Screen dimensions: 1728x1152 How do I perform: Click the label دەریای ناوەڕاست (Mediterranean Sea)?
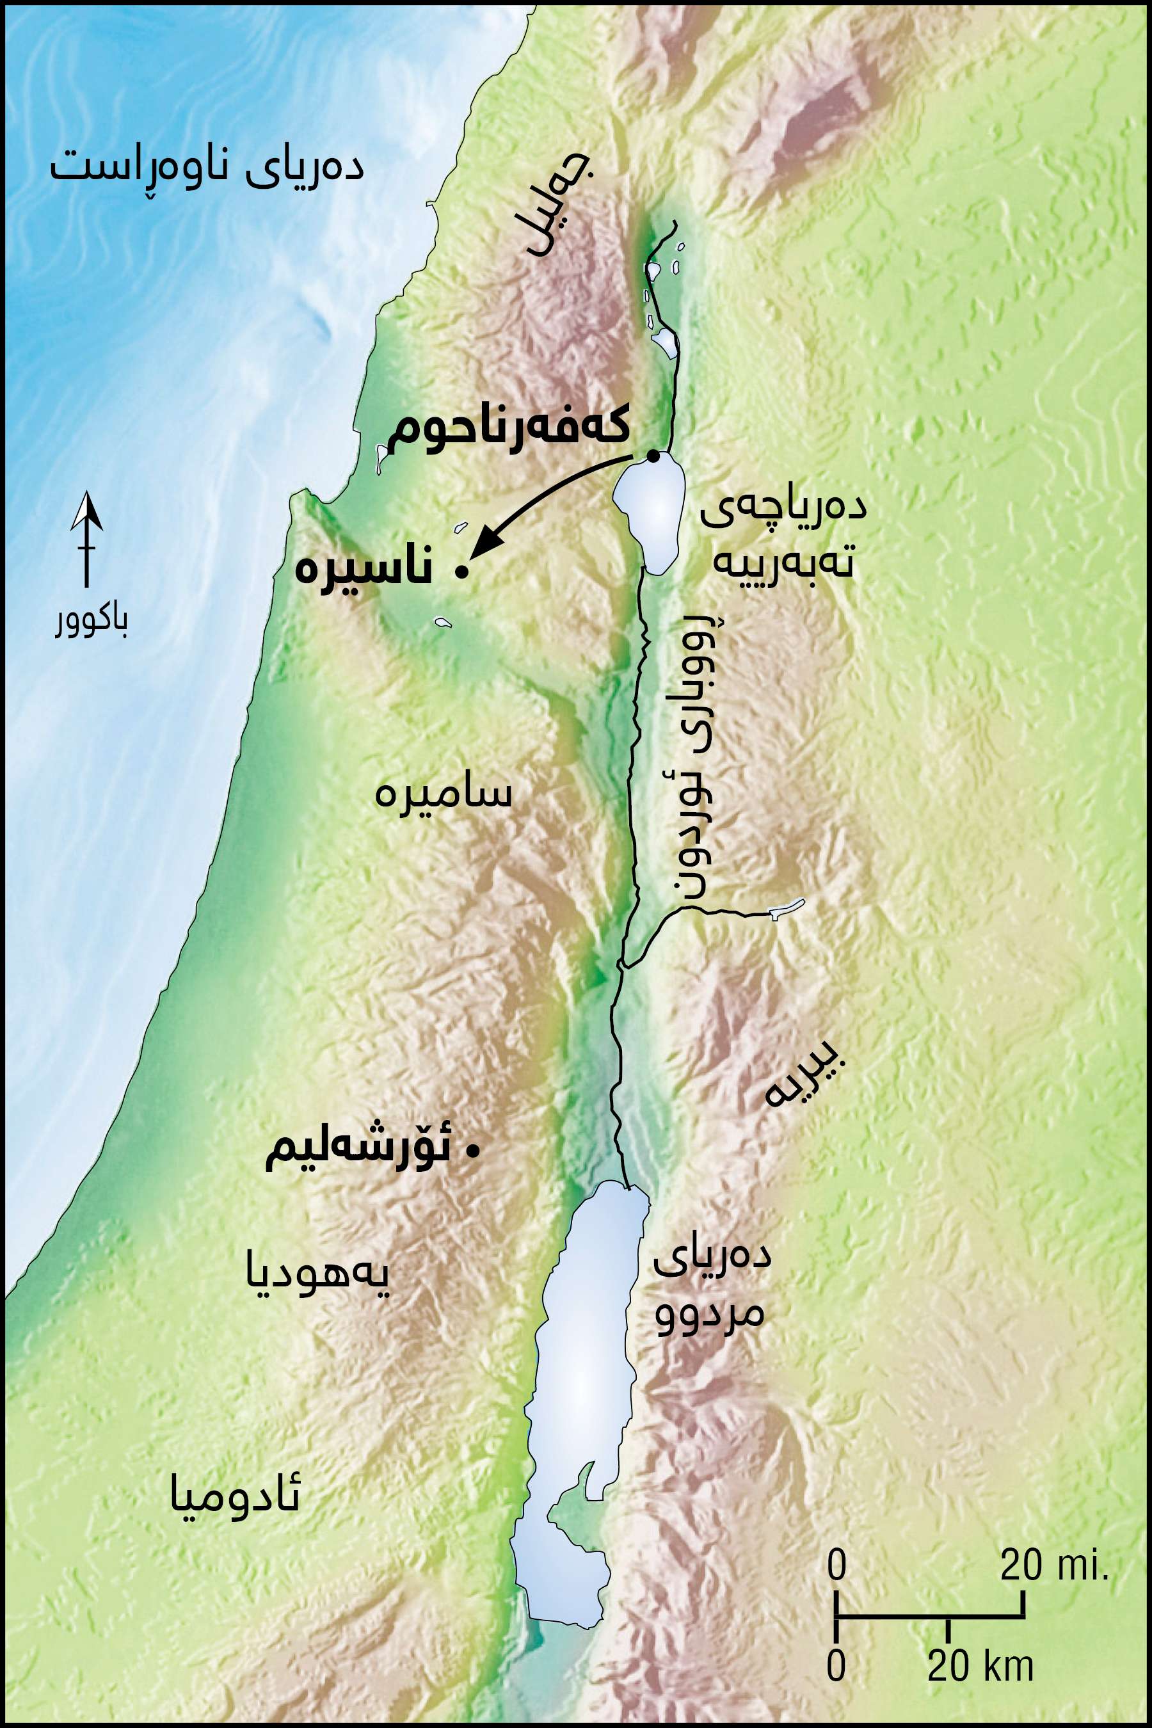point(207,168)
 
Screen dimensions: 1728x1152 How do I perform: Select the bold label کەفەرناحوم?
point(508,428)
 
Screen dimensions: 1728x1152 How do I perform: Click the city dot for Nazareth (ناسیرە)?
point(461,572)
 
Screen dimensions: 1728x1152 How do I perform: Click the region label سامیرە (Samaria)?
point(443,794)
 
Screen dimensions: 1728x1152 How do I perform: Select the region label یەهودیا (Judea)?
point(317,1277)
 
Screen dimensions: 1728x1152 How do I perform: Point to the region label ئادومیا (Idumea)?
point(235,1494)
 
